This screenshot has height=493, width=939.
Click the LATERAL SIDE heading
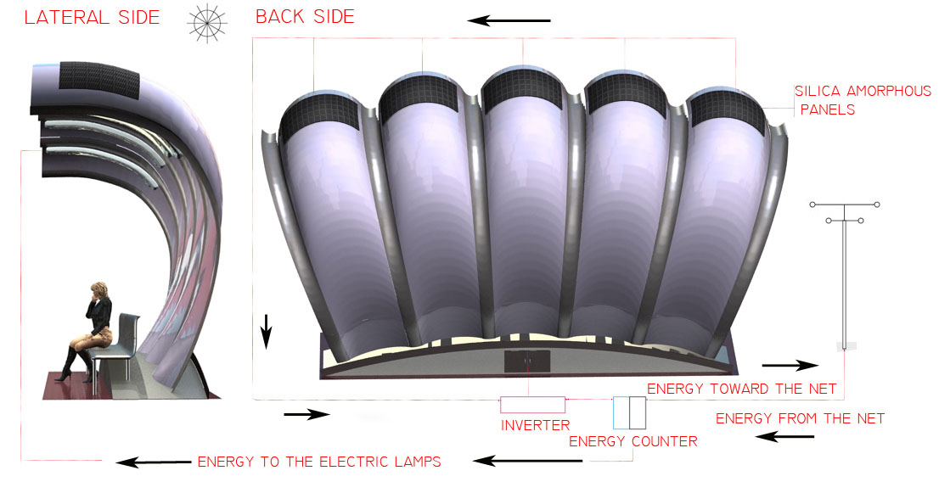tap(92, 18)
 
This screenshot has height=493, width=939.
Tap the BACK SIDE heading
tap(305, 17)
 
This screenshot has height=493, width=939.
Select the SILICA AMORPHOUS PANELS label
tap(862, 100)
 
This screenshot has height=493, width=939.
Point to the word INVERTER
tap(535, 425)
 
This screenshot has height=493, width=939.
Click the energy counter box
tap(629, 412)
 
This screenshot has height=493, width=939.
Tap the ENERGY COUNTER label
tap(633, 441)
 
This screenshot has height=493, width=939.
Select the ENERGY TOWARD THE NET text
tap(742, 389)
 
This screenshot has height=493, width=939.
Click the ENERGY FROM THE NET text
tap(800, 418)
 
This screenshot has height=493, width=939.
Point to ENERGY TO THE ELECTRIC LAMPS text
tap(319, 462)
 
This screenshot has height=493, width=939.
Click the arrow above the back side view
tap(509, 20)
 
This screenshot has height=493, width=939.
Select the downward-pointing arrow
tap(266, 331)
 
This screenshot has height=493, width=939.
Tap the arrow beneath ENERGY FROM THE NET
tap(784, 437)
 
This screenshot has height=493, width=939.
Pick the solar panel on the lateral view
tap(98, 83)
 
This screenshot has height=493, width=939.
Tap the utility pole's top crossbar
tap(845, 204)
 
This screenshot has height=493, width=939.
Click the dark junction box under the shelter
tap(527, 361)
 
